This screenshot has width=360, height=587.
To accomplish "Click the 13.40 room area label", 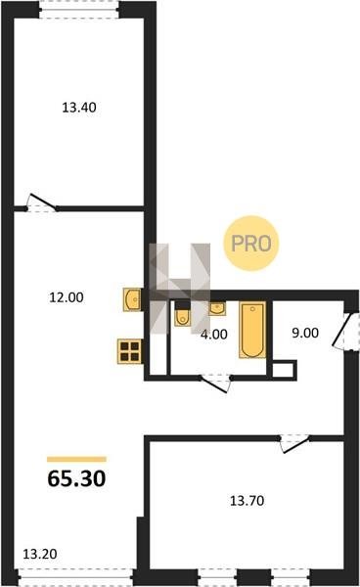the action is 79,108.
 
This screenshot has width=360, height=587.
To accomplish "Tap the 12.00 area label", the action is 67,297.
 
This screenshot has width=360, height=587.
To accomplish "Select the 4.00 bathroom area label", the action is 214,335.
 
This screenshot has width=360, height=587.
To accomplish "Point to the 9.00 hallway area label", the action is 305,333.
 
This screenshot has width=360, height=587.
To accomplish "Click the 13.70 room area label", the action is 247,501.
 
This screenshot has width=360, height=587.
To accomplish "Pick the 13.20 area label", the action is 40,554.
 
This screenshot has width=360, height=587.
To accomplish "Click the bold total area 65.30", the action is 76,478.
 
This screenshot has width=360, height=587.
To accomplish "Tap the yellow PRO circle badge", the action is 251,244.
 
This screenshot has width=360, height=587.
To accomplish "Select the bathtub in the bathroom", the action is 252,330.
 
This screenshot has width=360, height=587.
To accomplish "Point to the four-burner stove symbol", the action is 130,351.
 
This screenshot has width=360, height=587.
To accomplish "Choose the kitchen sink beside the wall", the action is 132,299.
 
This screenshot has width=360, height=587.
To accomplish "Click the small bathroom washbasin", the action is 217,308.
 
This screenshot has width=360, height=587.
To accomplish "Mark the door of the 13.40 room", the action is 41,204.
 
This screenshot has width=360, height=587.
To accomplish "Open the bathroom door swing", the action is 215,383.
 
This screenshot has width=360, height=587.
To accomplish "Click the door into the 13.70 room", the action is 294,443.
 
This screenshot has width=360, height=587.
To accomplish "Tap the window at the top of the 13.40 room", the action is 79,10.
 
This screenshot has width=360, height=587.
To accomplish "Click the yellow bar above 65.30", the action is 76,460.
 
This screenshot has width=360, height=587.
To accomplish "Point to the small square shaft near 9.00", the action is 283,370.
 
